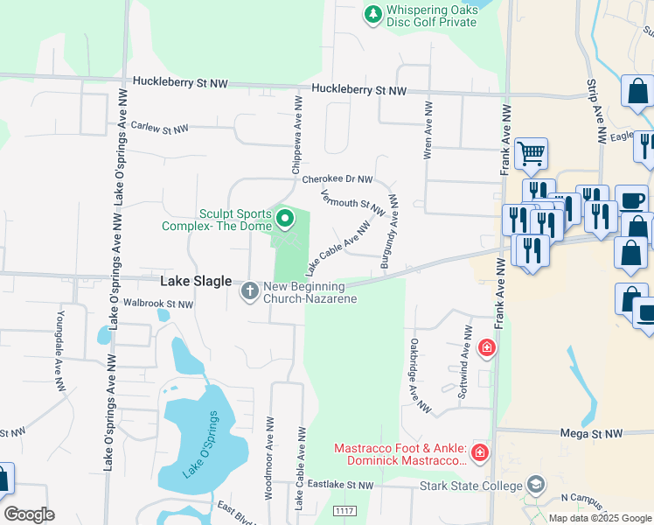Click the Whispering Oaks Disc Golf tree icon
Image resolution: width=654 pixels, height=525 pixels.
click(x=373, y=14)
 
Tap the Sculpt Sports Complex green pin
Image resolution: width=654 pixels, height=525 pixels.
click(x=284, y=216)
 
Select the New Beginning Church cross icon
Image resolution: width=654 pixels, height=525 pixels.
click(x=250, y=290)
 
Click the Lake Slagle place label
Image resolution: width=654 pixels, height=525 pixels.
click(x=197, y=282)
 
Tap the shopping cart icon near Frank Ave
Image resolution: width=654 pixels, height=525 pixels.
click(x=531, y=154)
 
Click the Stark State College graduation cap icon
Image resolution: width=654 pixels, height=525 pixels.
click(x=536, y=485)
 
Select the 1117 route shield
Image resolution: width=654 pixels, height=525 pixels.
click(x=344, y=510)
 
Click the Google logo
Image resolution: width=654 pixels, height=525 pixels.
click(x=29, y=514)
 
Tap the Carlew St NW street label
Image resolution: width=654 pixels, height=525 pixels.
click(x=159, y=129)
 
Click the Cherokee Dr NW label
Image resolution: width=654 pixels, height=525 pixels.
click(x=337, y=179)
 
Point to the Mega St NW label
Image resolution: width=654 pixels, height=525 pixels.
click(x=590, y=433)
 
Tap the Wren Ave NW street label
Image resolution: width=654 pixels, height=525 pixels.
click(x=428, y=129)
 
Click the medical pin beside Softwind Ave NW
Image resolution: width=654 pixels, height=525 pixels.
click(x=487, y=349)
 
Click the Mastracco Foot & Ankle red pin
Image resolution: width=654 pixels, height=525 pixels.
click(x=479, y=452)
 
